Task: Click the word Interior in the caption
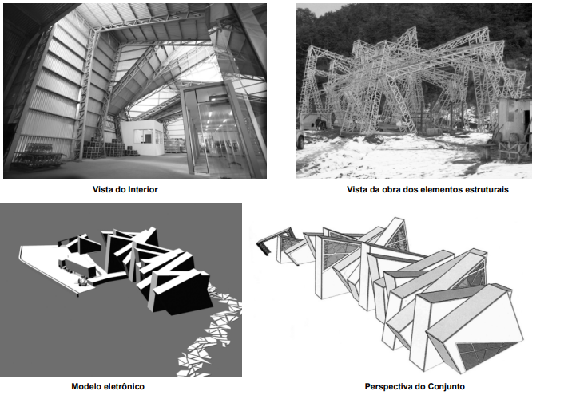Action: point(142,189)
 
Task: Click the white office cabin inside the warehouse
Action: point(142,137)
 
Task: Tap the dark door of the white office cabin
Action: point(148,138)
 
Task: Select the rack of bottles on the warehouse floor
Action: point(36,156)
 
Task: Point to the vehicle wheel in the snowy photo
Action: point(300,140)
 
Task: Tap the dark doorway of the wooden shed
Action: point(527,124)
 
